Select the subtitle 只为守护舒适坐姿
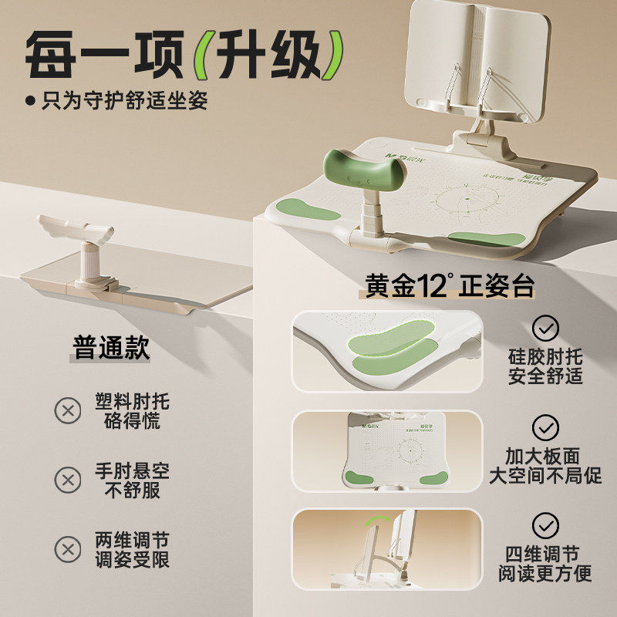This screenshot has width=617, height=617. (x=123, y=100)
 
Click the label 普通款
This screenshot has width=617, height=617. (x=112, y=347)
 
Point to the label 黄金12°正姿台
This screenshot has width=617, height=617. (x=449, y=287)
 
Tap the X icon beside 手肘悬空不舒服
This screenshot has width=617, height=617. (x=68, y=480)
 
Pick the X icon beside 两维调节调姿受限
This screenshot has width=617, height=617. (x=68, y=549)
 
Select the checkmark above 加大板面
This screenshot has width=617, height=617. (x=546, y=427)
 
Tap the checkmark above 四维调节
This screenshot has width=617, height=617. (x=546, y=525)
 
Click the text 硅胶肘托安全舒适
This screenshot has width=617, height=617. (x=546, y=367)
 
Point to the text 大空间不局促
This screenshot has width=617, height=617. (x=546, y=475)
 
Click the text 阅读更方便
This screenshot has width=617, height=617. (x=546, y=575)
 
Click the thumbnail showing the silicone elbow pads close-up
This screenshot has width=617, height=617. (x=387, y=351)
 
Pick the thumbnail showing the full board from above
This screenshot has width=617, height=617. (x=387, y=449)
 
